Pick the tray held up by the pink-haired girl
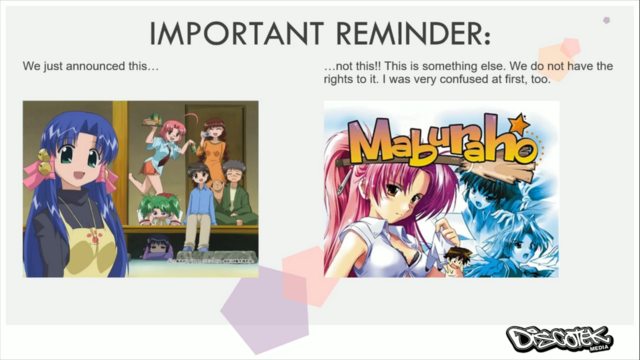tap(154, 115)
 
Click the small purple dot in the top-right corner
tap(606, 19)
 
